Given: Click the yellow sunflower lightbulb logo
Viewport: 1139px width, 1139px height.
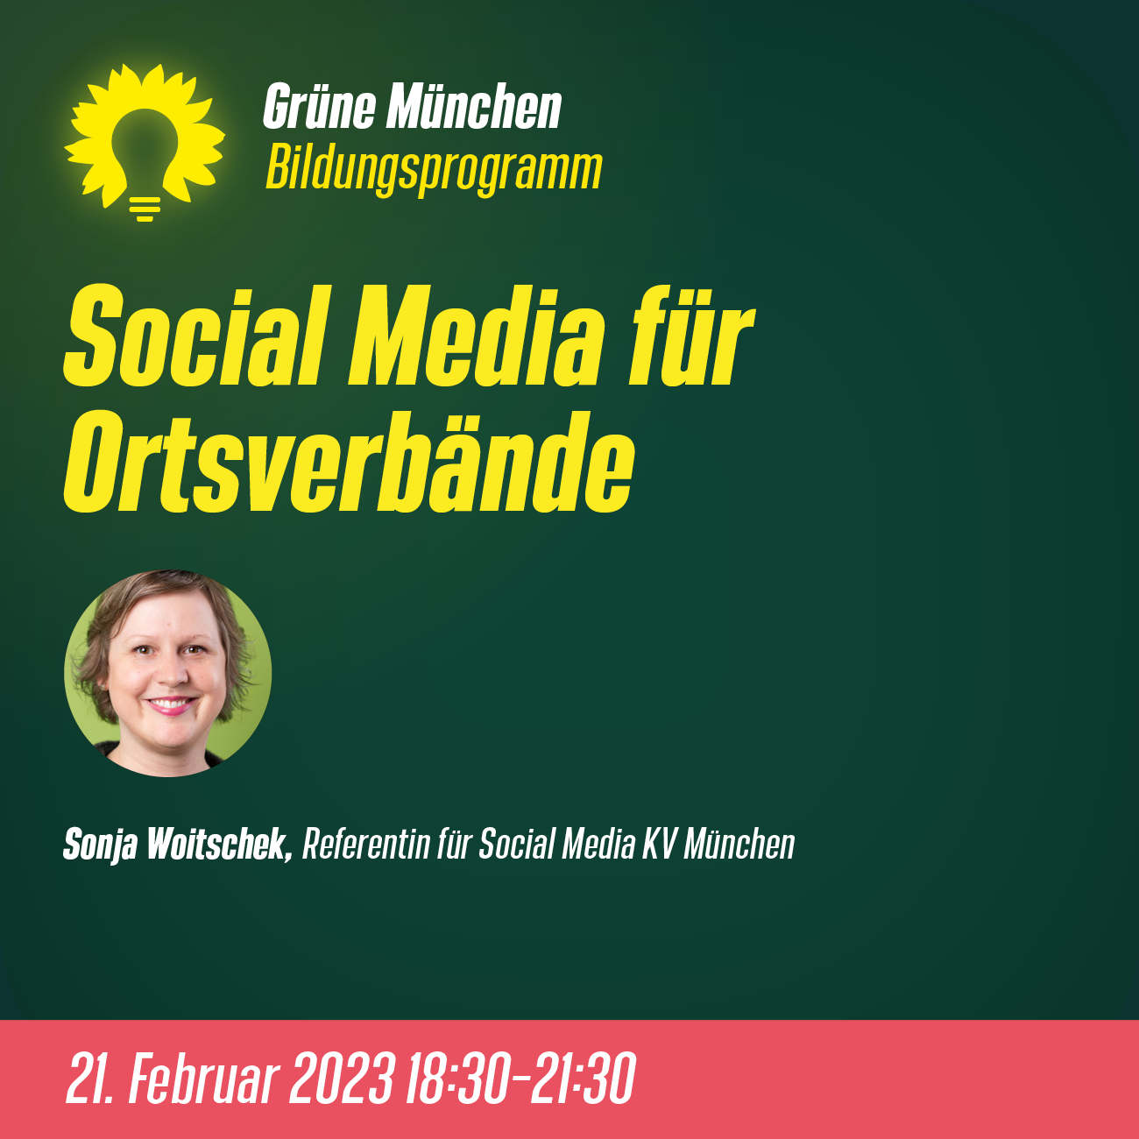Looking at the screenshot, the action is (145, 142).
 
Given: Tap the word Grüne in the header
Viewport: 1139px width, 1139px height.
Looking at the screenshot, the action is (319, 106).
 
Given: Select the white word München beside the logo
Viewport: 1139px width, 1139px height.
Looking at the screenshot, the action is (474, 106).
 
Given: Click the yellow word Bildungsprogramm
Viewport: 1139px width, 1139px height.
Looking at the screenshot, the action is (434, 169).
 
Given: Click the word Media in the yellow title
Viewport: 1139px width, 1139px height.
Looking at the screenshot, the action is (477, 336).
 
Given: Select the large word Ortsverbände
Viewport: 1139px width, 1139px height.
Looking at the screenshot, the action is (349, 461).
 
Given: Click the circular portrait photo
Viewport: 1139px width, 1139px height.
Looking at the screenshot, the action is (168, 673).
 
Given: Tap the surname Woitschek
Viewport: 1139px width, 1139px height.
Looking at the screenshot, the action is (220, 844).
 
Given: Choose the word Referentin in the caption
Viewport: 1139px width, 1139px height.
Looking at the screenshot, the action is (366, 844).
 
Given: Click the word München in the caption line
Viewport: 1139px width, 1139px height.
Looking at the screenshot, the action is (739, 844).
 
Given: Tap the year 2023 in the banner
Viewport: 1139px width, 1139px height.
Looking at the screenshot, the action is (341, 1078).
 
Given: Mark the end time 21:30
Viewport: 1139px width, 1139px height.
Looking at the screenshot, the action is (584, 1078).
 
